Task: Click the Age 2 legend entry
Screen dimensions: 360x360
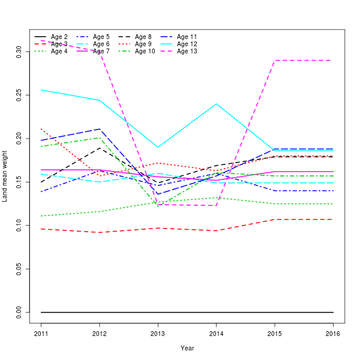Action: coord(59,37)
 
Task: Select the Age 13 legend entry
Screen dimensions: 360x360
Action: coord(187,52)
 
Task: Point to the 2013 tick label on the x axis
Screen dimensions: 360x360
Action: coord(158,333)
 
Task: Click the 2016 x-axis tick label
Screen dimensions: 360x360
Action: coord(334,333)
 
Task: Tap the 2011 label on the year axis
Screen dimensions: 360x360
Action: coord(41,333)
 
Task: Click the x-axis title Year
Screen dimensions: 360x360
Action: coord(187,348)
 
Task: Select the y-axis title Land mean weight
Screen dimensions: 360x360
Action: coord(5,180)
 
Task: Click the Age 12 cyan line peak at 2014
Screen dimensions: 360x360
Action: coord(217,104)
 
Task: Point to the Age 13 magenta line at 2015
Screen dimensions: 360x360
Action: coord(275,61)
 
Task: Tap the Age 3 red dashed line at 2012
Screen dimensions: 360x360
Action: coord(100,232)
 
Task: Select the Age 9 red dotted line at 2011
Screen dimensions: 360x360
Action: coord(41,128)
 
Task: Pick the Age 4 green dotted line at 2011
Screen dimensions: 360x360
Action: coord(41,216)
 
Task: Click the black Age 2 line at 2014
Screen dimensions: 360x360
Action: coord(217,313)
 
